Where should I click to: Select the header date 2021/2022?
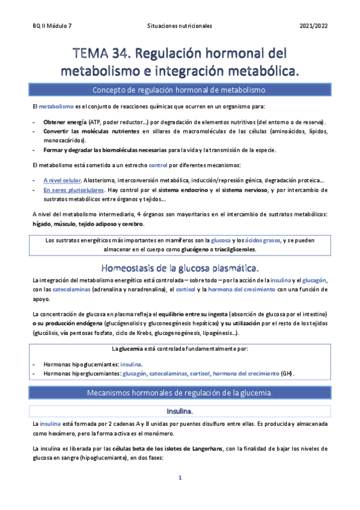tap(313, 26)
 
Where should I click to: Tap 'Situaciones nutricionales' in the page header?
tap(179, 26)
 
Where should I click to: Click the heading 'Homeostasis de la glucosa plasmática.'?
tap(180, 267)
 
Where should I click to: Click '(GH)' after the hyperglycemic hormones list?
tap(288, 373)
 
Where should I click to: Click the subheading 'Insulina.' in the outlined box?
tap(180, 411)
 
